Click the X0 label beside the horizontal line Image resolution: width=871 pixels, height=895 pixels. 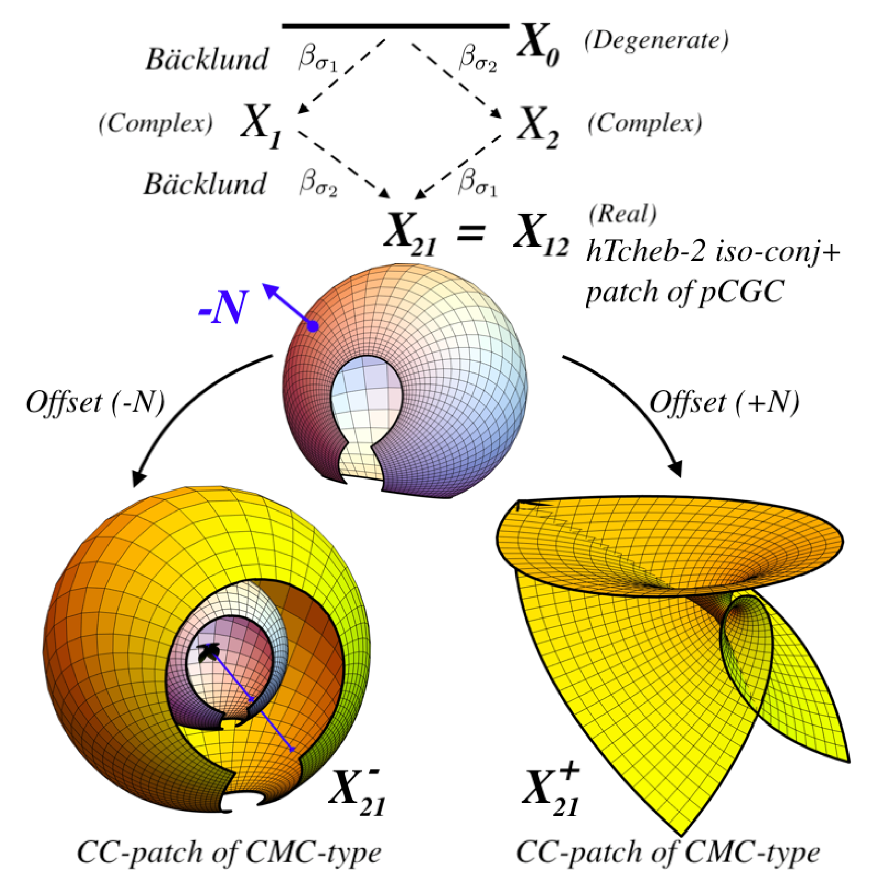[537, 46]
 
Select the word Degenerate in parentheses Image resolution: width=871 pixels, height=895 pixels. [657, 40]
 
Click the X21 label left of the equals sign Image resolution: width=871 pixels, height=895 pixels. [410, 234]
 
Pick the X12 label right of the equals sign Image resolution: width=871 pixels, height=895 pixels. [541, 234]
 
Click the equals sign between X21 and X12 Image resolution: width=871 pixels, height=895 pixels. [470, 231]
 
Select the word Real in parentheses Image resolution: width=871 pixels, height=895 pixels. [622, 214]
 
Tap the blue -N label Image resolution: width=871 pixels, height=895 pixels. [223, 308]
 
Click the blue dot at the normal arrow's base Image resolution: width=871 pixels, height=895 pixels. [313, 326]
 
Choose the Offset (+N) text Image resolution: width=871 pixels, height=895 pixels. [724, 403]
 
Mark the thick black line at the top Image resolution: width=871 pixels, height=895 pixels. [395, 25]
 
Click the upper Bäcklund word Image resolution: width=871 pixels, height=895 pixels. [207, 59]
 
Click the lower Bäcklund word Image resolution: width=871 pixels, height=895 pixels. [205, 184]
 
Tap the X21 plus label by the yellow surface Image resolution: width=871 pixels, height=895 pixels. [551, 791]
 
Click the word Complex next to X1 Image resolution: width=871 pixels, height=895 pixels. [156, 123]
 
